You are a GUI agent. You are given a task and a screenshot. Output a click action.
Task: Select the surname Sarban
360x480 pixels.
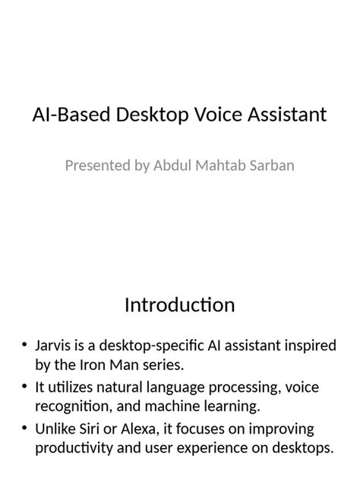click(270, 165)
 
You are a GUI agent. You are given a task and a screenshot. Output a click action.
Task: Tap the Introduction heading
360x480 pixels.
click(179, 305)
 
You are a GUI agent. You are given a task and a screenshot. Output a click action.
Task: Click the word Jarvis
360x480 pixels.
click(54, 346)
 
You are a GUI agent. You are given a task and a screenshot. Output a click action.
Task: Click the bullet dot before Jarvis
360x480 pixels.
click(26, 346)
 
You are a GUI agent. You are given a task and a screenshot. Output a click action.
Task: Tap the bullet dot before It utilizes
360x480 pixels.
click(26, 390)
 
